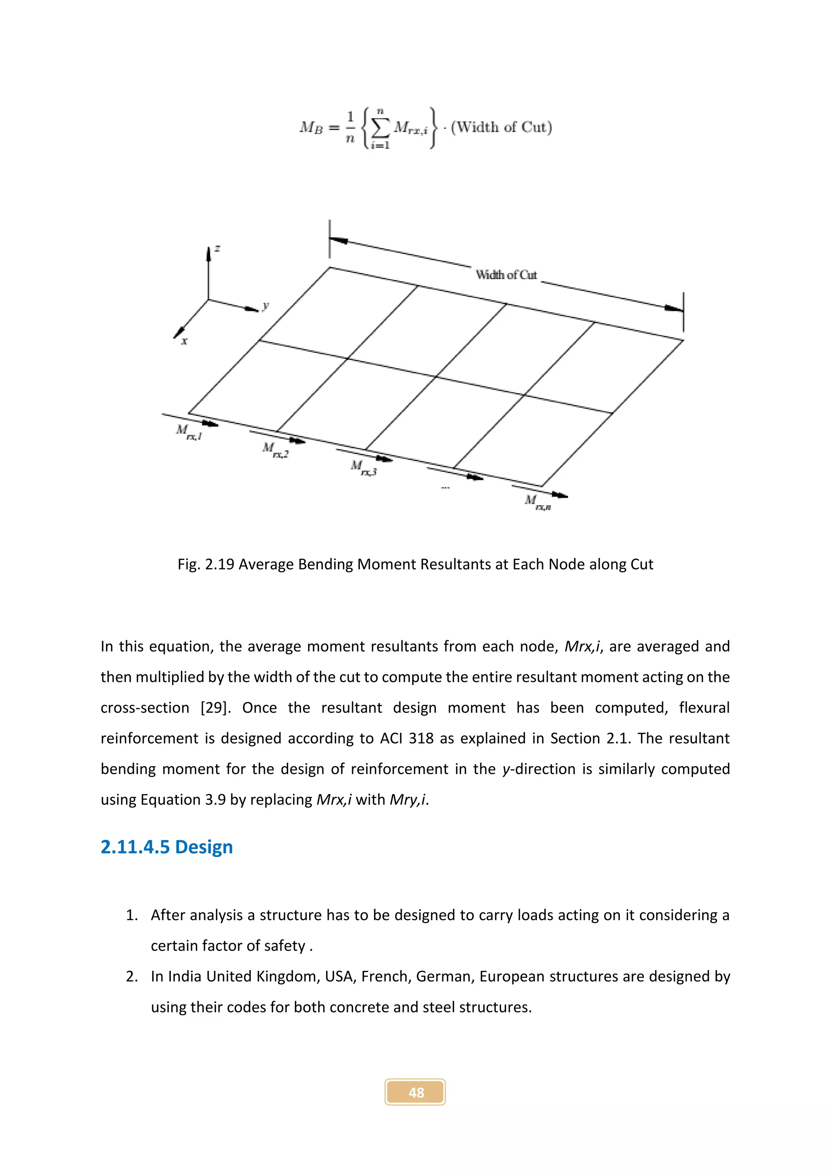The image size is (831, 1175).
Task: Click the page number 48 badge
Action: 415,1092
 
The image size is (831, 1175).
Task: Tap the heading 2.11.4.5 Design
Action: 166,847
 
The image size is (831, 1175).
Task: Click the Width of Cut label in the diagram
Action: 506,275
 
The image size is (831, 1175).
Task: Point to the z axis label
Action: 217,249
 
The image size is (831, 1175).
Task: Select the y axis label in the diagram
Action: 265,306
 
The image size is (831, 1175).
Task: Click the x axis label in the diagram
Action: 184,341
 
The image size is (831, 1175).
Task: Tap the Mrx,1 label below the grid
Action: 189,433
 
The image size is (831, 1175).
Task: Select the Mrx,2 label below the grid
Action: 275,450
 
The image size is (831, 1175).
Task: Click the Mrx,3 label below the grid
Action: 363,468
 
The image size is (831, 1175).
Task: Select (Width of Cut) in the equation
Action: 501,127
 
